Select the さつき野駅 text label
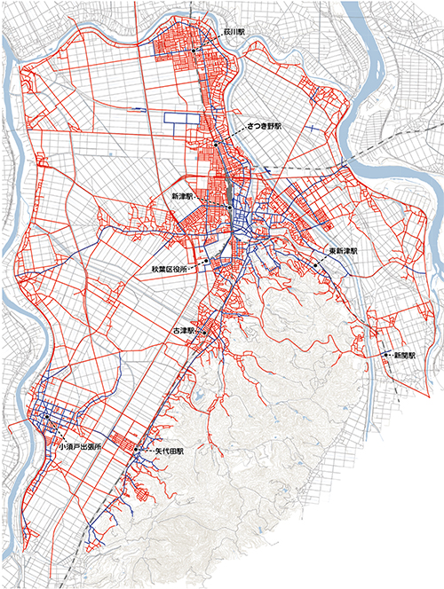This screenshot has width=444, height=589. click(x=263, y=128)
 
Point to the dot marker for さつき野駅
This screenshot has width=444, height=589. click(x=215, y=144)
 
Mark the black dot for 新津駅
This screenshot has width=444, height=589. click(x=229, y=208)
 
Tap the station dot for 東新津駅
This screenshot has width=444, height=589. click(x=314, y=264)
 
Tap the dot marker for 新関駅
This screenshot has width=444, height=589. click(x=386, y=355)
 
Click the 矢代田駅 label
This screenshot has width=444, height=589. click(x=168, y=452)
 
